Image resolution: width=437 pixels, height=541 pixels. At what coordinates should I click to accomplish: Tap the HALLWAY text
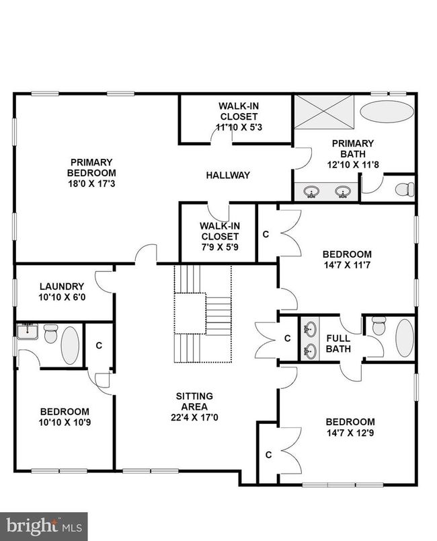tap(227, 175)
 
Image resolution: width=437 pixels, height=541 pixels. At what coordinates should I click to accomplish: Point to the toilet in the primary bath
tap(403, 189)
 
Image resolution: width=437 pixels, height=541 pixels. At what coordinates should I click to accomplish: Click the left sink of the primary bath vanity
tap(311, 192)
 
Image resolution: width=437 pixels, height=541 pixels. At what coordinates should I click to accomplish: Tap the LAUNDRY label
tap(61, 286)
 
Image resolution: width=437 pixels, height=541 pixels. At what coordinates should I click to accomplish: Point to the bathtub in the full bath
tap(404, 338)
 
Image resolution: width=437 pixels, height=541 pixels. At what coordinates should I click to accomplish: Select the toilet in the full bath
tap(379, 326)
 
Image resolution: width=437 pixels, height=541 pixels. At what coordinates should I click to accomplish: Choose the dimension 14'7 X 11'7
tap(347, 264)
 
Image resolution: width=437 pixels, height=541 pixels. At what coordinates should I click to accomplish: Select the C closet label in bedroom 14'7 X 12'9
tap(268, 455)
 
